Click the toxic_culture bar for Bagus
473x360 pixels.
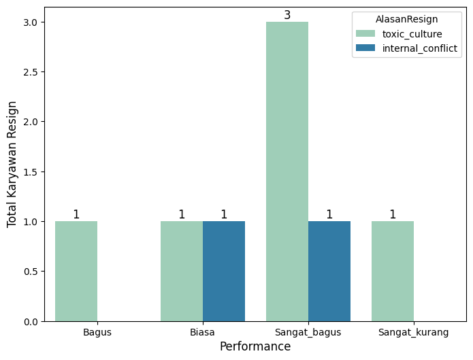[x=76, y=271]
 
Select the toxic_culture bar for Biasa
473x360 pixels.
[x=182, y=271]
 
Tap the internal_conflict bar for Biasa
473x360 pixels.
[x=224, y=271]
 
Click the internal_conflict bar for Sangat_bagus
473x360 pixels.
[x=329, y=271]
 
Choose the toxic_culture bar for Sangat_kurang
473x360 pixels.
[x=393, y=271]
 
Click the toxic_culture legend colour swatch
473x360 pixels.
[x=365, y=34]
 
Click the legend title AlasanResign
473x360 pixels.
[x=406, y=20]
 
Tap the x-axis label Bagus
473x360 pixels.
[x=97, y=333]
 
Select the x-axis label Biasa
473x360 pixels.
[x=203, y=333]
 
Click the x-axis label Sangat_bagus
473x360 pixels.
[x=308, y=333]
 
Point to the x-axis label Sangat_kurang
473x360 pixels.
[x=414, y=333]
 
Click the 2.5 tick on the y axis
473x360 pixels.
[x=32, y=72]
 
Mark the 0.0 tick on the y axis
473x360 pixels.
[x=32, y=321]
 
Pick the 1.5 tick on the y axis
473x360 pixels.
[x=32, y=171]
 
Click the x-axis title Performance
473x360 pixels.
[x=255, y=346]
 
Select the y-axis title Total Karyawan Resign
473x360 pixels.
[x=12, y=164]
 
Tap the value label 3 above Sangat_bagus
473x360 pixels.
[x=287, y=15]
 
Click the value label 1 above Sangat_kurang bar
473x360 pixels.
[x=393, y=214]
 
